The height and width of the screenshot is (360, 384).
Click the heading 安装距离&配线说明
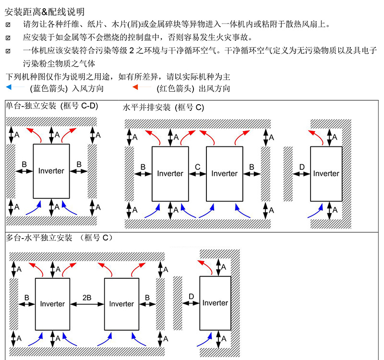pyautogui.click(x=45, y=12)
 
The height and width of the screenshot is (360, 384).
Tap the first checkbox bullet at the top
pyautogui.click(x=8, y=25)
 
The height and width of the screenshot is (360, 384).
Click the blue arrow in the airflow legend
pyautogui.click(x=15, y=87)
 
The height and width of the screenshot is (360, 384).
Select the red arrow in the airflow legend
pyautogui.click(x=142, y=87)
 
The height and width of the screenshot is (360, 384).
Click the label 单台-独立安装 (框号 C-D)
pyautogui.click(x=52, y=106)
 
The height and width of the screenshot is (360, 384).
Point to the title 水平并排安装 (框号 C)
pyautogui.click(x=163, y=108)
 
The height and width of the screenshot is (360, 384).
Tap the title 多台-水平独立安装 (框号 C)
pyautogui.click(x=59, y=238)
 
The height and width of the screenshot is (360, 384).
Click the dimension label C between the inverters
pyautogui.click(x=198, y=167)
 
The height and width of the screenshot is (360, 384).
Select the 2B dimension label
pyautogui.click(x=87, y=298)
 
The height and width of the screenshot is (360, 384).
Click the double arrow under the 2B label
pyautogui.click(x=87, y=304)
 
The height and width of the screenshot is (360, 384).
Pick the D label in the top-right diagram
pyautogui.click(x=302, y=167)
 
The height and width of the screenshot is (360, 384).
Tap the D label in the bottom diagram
pyautogui.click(x=191, y=297)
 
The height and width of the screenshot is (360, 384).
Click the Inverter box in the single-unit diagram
pyautogui.click(x=51, y=171)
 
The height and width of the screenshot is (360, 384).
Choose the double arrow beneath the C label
pyautogui.click(x=197, y=174)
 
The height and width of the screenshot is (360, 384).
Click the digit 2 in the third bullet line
pyautogui.click(x=132, y=51)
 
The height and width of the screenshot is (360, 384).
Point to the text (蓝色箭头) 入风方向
pyautogui.click(x=67, y=88)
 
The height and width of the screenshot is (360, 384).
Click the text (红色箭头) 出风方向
pyautogui.click(x=193, y=88)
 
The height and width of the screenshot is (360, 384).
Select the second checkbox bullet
pyautogui.click(x=8, y=38)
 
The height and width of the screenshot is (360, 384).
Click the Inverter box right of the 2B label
pyautogui.click(x=122, y=304)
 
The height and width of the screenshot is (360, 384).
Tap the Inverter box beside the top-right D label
pyautogui.click(x=326, y=174)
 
